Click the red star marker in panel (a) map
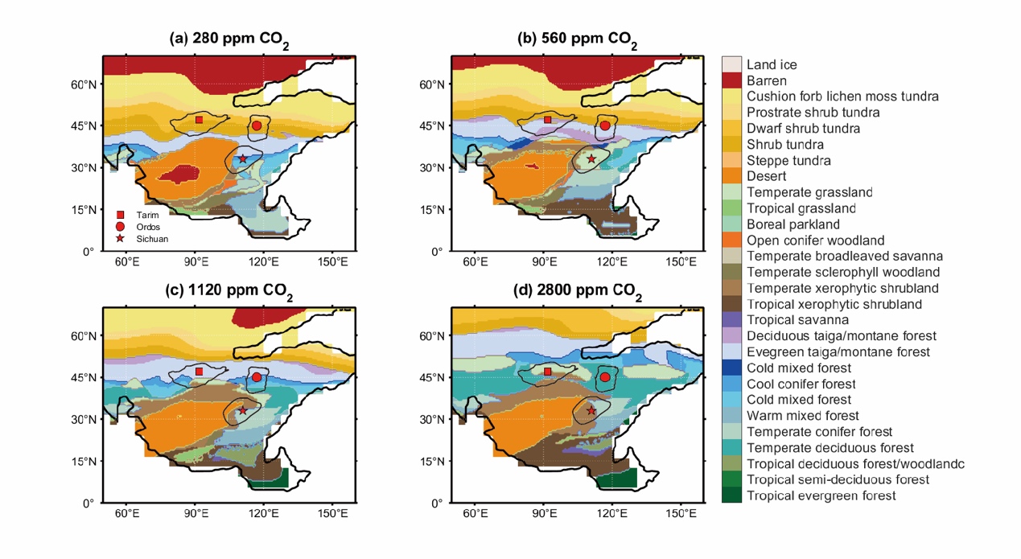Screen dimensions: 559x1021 [x=243, y=159]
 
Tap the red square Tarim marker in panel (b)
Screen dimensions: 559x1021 [x=548, y=120]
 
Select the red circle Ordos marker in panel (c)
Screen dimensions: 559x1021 [x=257, y=377]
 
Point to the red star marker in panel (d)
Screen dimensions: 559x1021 [x=591, y=410]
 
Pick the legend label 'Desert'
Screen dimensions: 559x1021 [x=766, y=176]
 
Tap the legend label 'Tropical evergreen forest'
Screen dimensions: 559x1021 [x=821, y=495]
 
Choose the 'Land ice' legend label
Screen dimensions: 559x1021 [x=772, y=64]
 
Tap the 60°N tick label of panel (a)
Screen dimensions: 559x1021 [x=83, y=84]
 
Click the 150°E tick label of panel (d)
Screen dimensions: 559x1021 [x=681, y=513]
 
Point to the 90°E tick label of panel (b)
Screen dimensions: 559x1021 [x=544, y=261]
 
